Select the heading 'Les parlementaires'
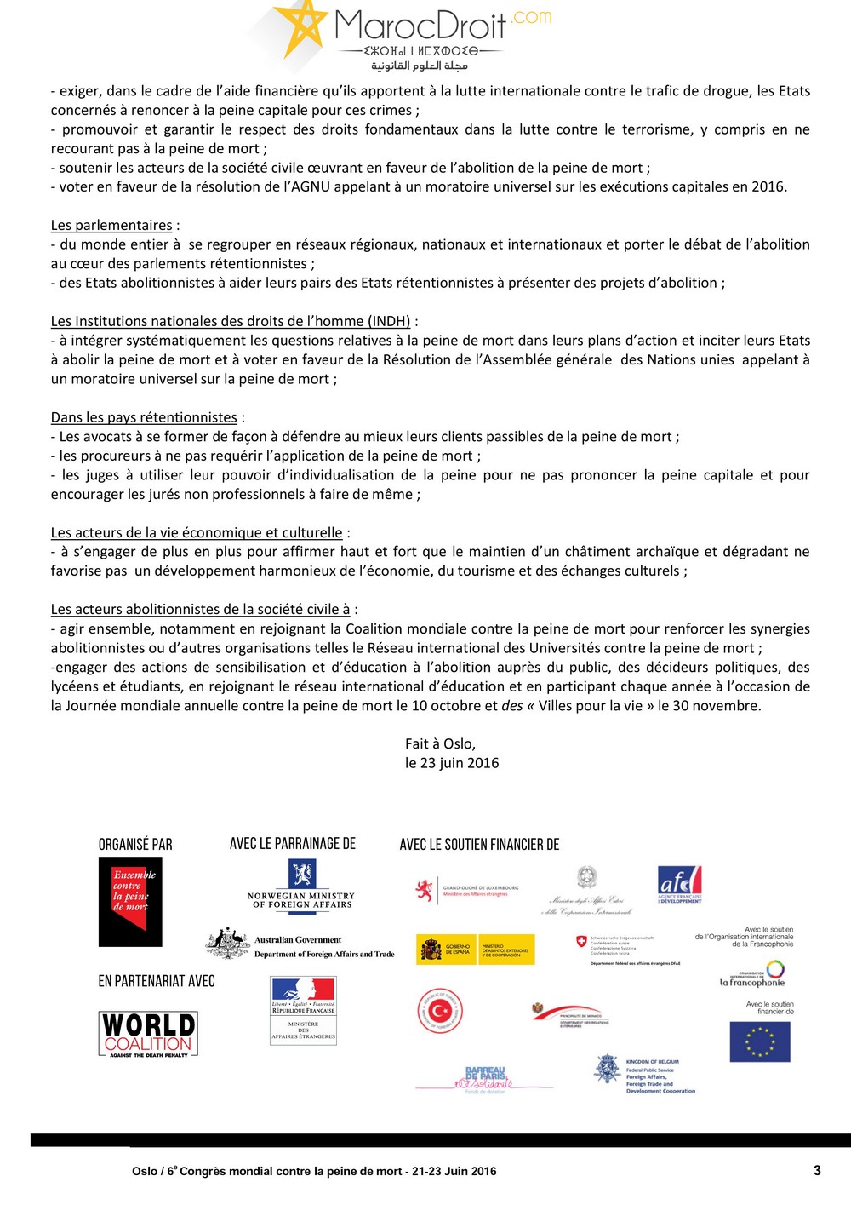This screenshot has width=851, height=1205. point(111,225)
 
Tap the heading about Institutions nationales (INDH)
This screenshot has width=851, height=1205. point(231,321)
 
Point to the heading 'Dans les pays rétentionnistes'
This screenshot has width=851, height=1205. point(144,417)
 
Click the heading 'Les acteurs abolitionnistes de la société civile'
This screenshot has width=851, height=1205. point(200,609)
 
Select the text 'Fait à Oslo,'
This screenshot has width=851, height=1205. point(440,743)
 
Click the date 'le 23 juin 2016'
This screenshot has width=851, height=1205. point(452,763)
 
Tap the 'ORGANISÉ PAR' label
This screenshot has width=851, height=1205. point(135,844)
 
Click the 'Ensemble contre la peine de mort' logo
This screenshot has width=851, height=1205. point(130,902)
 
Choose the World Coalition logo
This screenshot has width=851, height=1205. point(149,1034)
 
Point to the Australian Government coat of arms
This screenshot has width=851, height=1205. point(227,944)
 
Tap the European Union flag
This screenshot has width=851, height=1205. point(760,1041)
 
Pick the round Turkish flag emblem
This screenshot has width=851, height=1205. point(440,1012)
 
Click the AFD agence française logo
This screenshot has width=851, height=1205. point(680,884)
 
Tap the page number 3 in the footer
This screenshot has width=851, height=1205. point(817,1170)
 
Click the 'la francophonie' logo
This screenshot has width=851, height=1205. point(753,973)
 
